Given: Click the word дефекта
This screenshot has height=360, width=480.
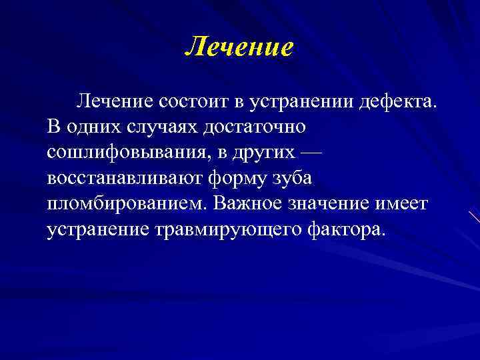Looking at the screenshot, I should [397, 101].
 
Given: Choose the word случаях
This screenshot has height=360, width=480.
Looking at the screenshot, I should [151, 127].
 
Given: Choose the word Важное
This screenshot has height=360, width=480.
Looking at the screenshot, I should [247, 203].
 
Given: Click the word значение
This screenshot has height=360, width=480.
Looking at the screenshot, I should [336, 203].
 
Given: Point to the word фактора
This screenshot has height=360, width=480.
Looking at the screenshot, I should [347, 229].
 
